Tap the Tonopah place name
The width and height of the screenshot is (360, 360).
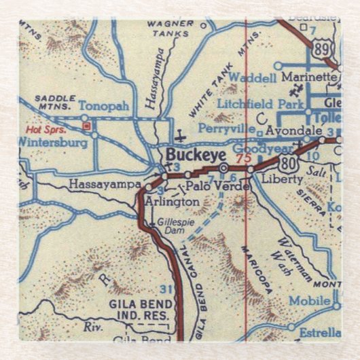click(102, 107)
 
